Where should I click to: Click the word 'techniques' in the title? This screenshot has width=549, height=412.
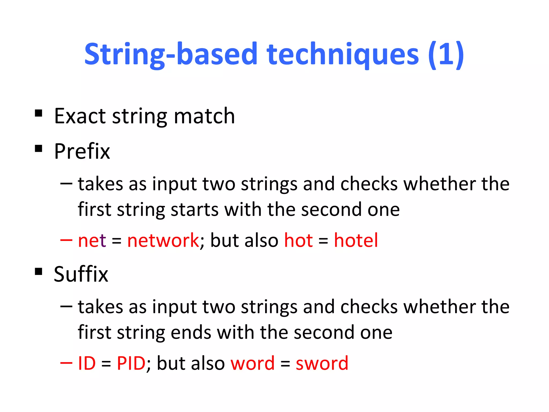(342, 54)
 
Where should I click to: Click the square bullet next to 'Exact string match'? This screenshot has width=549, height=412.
(39, 113)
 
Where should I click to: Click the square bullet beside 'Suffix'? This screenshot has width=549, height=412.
(39, 271)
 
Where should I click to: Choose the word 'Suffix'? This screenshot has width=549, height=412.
(81, 274)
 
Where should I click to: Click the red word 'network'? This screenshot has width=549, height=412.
(163, 240)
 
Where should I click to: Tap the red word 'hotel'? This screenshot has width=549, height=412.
(356, 240)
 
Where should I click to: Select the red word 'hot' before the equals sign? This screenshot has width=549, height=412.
(298, 240)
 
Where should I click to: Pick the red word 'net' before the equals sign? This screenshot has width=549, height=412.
(92, 240)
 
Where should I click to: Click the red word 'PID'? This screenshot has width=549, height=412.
(131, 363)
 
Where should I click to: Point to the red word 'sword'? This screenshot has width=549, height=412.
(322, 363)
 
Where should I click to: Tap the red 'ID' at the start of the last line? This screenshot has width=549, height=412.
(87, 363)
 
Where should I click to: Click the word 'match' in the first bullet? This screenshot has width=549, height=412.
(204, 116)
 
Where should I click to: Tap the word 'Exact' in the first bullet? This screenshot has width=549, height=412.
(80, 116)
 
